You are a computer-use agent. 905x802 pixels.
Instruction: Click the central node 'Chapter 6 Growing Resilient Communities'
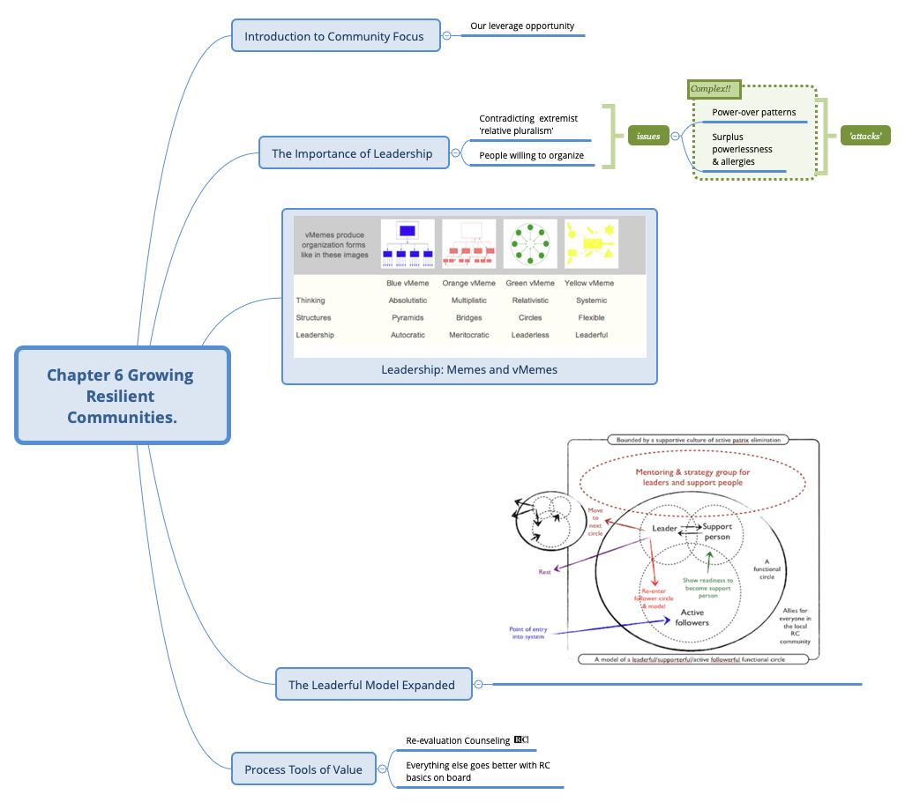pos(122,396)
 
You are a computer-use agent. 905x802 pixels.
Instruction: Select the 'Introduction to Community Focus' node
pos(334,36)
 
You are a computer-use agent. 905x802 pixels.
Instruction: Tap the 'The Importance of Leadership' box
pos(352,153)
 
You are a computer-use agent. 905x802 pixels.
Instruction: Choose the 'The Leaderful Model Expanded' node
pos(371,685)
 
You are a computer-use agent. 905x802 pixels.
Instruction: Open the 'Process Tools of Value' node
pos(303,769)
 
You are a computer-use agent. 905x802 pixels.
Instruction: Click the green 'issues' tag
pos(648,137)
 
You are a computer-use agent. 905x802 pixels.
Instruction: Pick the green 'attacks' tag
pos(864,137)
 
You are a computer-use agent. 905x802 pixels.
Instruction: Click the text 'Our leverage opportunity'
pos(522,26)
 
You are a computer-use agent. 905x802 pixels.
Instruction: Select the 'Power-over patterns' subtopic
pos(753,113)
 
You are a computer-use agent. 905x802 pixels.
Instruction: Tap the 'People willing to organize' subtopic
pos(531,156)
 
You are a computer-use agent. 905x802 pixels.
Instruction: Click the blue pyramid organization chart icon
pos(408,244)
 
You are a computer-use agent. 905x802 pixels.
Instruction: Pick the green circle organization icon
pos(529,244)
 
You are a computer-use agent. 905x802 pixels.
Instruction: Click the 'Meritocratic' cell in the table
pos(468,335)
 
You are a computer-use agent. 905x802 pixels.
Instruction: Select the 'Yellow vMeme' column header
pos(589,283)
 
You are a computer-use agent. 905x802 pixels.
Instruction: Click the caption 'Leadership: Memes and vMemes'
pos(469,370)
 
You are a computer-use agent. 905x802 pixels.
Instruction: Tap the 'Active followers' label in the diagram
pos(692,617)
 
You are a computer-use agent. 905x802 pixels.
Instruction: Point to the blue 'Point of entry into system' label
pos(528,633)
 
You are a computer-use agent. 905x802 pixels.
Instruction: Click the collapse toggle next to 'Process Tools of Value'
pos(383,769)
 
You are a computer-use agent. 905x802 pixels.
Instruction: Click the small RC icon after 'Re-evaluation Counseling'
pos(521,740)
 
